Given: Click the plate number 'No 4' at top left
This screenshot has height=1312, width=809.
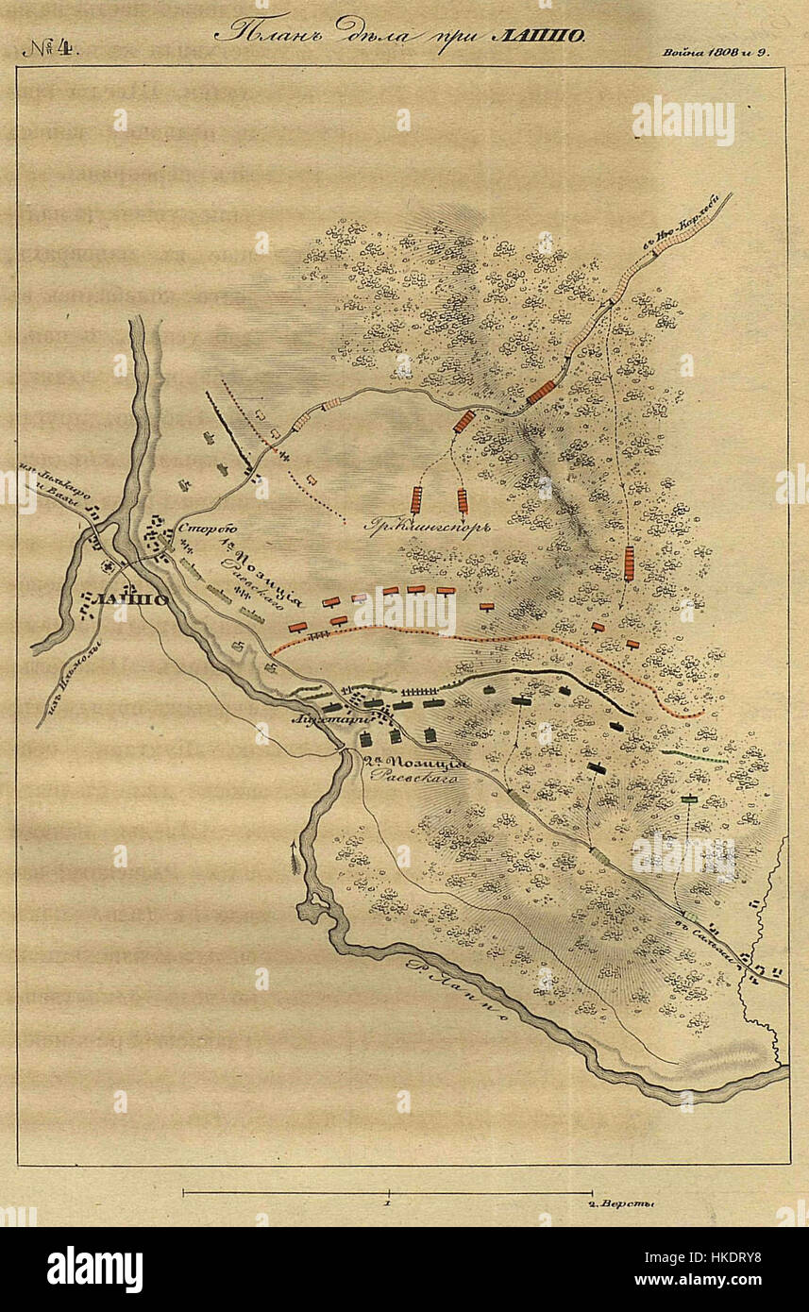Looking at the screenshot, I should click(51, 47).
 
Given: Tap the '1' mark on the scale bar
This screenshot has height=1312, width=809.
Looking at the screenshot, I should click(389, 1205).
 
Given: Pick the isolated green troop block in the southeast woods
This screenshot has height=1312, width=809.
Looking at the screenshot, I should click(689, 799).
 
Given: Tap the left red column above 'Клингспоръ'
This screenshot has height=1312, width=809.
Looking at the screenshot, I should click(415, 499).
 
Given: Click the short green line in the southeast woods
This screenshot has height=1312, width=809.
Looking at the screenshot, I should click(694, 756).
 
